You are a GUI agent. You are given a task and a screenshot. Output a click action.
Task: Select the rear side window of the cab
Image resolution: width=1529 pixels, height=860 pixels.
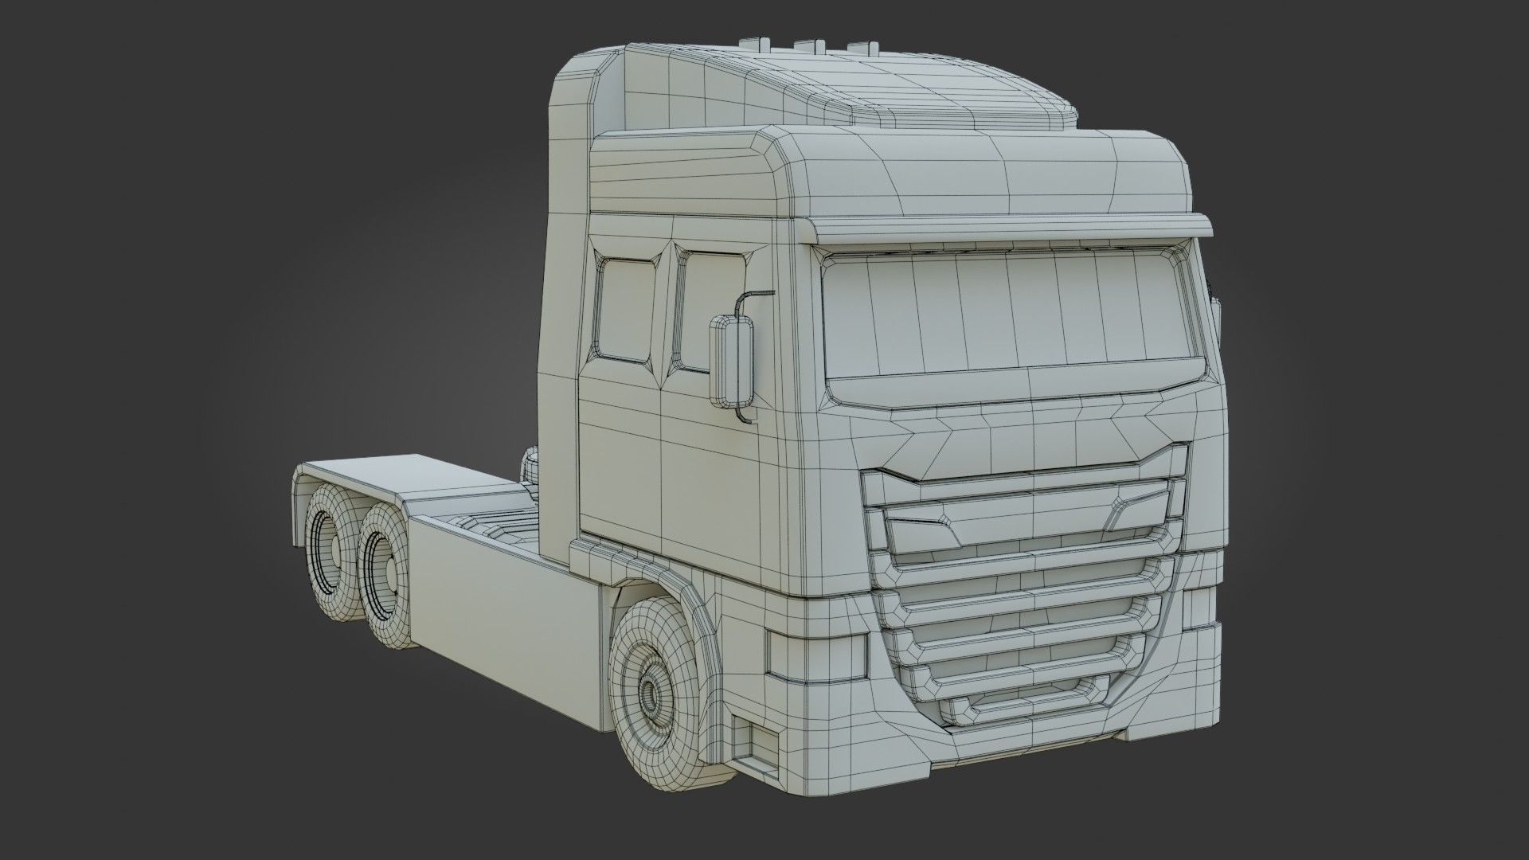click(625, 311)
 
